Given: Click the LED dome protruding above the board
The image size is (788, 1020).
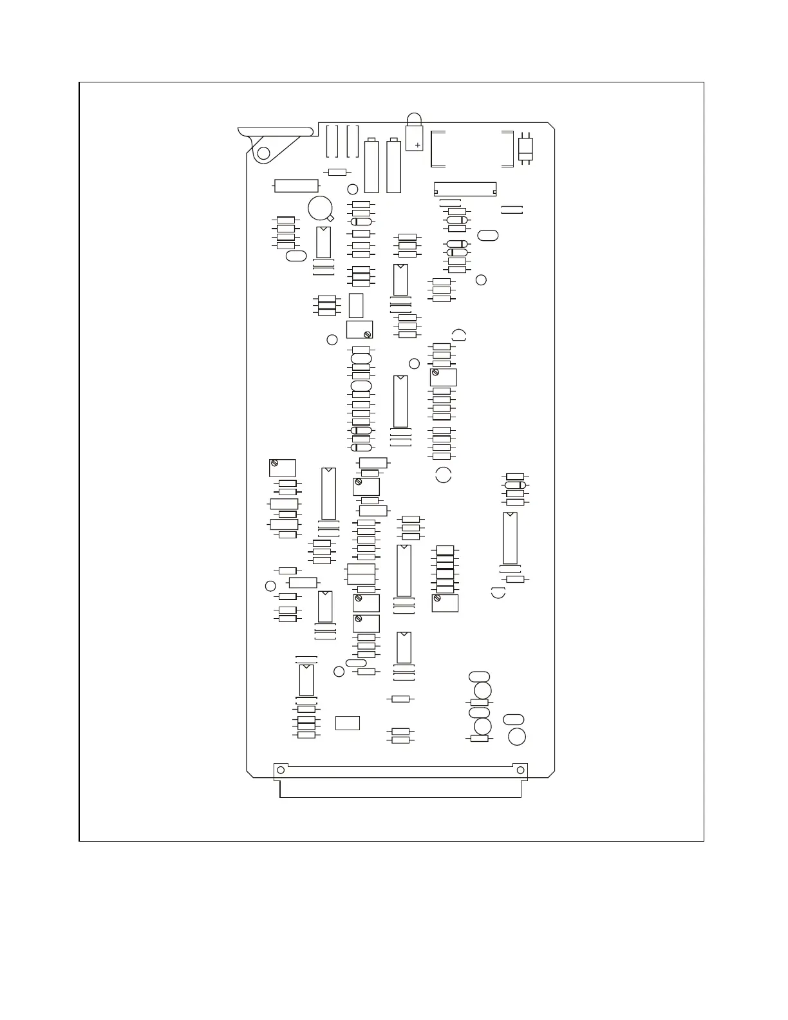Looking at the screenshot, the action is click(x=414, y=119).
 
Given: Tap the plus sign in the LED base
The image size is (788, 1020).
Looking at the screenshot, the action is click(x=418, y=146).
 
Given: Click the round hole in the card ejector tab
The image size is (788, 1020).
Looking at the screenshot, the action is click(x=263, y=153).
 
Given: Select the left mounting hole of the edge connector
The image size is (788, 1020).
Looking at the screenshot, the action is click(x=280, y=770).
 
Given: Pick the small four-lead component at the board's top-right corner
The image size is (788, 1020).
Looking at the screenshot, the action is click(x=526, y=149).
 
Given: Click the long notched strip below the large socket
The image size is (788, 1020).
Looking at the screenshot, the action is click(x=465, y=189).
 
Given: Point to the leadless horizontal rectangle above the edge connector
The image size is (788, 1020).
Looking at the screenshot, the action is click(x=348, y=722).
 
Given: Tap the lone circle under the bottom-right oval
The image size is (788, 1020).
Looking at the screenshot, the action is click(x=517, y=737).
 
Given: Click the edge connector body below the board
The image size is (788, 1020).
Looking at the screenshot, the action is click(x=400, y=789).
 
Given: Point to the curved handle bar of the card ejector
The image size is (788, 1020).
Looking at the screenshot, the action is click(x=277, y=132).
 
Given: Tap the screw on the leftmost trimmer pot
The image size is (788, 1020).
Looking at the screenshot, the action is click(x=274, y=463).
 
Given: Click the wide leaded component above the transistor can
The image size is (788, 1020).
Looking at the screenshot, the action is click(x=296, y=185).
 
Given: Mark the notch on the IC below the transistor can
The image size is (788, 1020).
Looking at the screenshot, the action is click(x=324, y=229).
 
